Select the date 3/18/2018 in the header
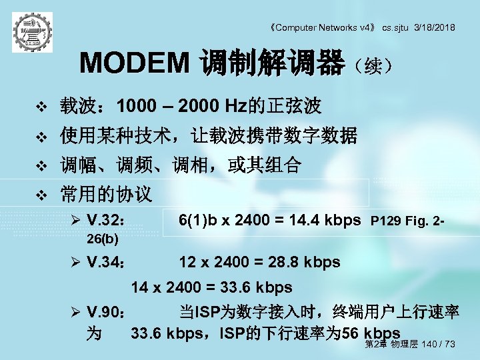[x=434, y=27]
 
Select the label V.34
[x=105, y=263]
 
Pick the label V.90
[x=105, y=313]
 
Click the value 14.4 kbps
[x=324, y=221]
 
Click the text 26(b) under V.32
[x=103, y=238]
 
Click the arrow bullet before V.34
[x=75, y=263]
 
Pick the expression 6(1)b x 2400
[x=223, y=221]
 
